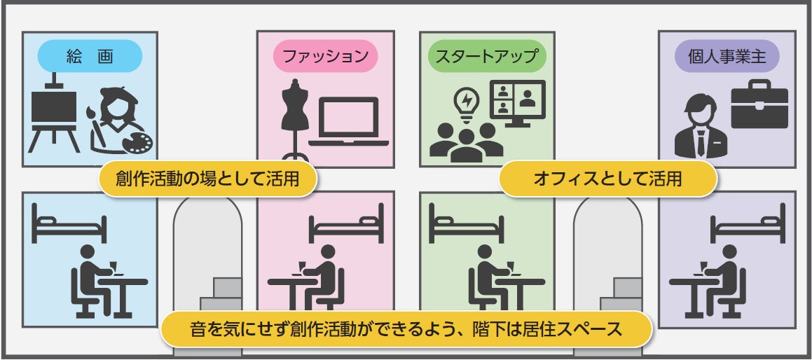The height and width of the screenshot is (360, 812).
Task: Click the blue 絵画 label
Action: pos(89,56)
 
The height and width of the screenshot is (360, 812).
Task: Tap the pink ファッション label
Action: pos(325,56)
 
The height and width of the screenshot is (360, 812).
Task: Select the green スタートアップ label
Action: pos(486,56)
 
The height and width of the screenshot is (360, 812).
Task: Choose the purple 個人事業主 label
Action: pos(727,56)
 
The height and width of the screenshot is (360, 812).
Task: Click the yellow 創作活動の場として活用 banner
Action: pos(207,179)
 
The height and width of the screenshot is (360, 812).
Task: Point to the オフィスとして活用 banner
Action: pos(607,179)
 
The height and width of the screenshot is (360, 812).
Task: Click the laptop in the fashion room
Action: pos(347,123)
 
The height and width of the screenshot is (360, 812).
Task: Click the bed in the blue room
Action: pos(69,222)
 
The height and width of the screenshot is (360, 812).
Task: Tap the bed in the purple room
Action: pos(747,222)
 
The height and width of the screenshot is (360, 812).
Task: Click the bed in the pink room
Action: pos(347,222)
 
